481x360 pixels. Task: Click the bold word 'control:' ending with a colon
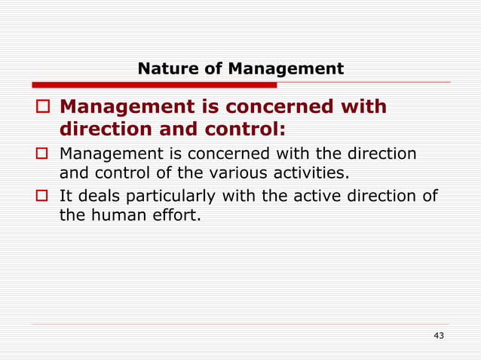pos(246,129)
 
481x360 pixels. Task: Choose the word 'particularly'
pos(170,198)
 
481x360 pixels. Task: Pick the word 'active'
pos(293,197)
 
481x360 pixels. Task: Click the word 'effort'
pos(168,218)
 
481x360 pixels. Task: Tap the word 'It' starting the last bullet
pos(66,197)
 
